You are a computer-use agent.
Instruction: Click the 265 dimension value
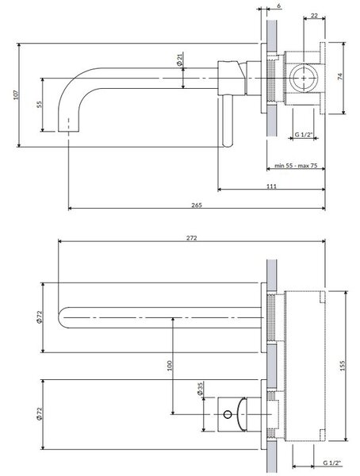(x=197, y=205)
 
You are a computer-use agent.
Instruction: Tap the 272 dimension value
(x=192, y=238)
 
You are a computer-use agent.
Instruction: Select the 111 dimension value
(x=271, y=186)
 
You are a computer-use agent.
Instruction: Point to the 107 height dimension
(x=17, y=95)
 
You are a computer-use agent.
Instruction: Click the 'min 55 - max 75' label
(x=296, y=166)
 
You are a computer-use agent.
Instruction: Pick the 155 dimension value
(x=343, y=366)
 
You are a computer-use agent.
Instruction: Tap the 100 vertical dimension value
(x=170, y=366)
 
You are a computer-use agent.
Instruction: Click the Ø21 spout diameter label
(x=179, y=59)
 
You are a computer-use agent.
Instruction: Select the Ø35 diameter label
(x=200, y=389)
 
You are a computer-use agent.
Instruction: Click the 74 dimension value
(x=340, y=76)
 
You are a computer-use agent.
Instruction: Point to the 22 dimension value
(x=315, y=15)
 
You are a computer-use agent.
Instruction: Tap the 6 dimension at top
(x=279, y=6)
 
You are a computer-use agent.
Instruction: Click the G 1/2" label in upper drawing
(x=304, y=135)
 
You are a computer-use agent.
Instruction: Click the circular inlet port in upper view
(x=304, y=78)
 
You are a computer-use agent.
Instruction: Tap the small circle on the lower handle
(x=228, y=414)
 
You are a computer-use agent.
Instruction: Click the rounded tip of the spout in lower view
(x=59, y=317)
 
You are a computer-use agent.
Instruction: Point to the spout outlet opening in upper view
(x=69, y=131)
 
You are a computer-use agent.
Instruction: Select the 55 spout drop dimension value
(x=39, y=105)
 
